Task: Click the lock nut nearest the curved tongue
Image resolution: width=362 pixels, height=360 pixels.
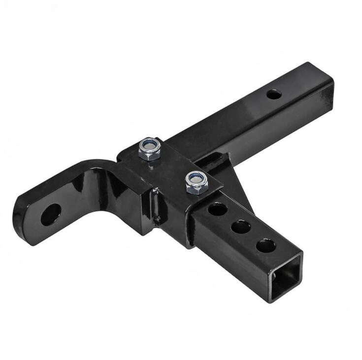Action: pos(149,149)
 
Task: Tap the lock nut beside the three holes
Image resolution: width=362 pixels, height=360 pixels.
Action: pos(197,182)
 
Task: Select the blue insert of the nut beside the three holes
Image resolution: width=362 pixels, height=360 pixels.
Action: pos(197,178)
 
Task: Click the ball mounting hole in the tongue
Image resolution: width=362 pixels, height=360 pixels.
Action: pos(50,215)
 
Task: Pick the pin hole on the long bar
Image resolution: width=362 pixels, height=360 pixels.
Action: pos(274,94)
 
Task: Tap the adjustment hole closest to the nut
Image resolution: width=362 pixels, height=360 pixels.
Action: pos(217,209)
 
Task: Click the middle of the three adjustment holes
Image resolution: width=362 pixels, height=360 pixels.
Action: pos(240,227)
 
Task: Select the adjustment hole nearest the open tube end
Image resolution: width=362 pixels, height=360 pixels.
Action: pos(265,245)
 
